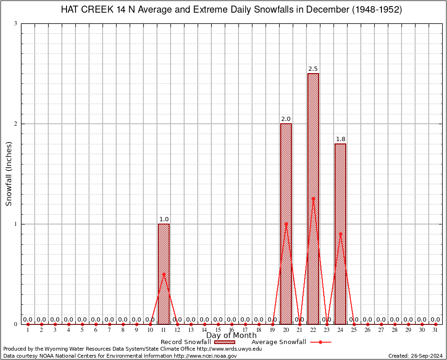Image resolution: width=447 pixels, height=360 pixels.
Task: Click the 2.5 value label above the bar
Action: [x=313, y=69]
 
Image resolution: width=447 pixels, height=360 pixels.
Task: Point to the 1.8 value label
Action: [x=340, y=139]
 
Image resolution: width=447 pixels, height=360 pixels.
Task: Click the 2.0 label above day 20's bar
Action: [x=286, y=119]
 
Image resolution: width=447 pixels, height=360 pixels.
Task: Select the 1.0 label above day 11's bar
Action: [x=164, y=219]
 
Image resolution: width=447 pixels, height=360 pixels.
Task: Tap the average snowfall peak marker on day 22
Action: [x=313, y=198]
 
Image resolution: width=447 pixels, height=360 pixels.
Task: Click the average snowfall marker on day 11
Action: [x=164, y=274]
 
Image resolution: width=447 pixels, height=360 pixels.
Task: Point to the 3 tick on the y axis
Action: [x=16, y=23]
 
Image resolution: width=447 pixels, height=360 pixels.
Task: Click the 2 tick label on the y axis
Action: [x=16, y=124]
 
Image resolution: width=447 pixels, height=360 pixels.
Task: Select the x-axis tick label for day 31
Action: [x=435, y=330]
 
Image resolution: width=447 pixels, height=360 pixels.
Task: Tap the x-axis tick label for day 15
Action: [x=218, y=330]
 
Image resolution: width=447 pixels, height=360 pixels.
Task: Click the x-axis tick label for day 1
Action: [x=28, y=330]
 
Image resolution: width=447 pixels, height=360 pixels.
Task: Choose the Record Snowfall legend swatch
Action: [x=224, y=342]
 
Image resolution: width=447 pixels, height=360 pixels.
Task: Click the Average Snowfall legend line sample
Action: [x=320, y=342]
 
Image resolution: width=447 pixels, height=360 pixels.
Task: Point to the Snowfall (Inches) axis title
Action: [x=9, y=174]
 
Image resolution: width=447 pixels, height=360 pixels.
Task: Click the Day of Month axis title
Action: [x=231, y=336]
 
